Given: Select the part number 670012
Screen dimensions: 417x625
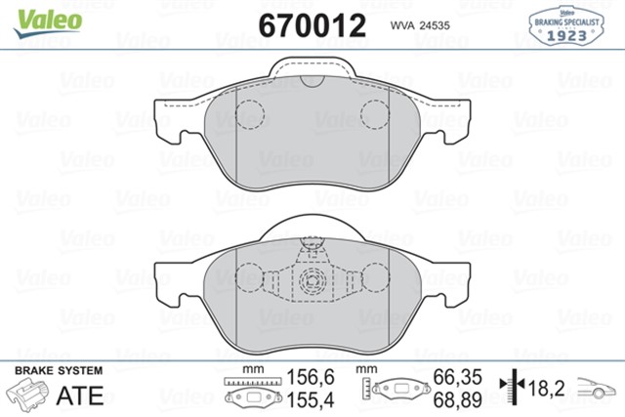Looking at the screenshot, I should (x=311, y=25).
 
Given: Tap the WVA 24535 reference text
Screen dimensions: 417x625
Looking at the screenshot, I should (x=419, y=26).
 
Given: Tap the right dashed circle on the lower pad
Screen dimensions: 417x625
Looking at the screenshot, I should (x=374, y=280).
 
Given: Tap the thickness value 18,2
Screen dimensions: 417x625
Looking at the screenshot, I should (x=548, y=388).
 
